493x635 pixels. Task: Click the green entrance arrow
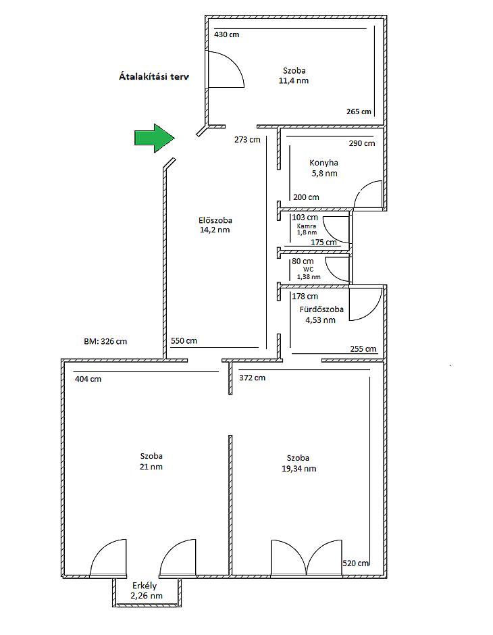(155, 138)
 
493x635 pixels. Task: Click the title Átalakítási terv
(154, 76)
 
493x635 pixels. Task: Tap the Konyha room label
(323, 163)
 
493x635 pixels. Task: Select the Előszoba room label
(215, 220)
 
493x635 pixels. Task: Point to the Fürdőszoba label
(321, 309)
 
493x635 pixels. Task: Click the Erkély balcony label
(145, 586)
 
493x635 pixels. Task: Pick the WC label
(309, 270)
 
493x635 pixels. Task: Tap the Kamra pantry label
(307, 226)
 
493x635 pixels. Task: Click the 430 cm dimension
(227, 34)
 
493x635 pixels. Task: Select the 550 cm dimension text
(184, 340)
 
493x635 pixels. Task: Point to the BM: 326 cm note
(105, 341)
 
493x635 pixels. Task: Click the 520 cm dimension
(356, 563)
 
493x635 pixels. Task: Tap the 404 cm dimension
(88, 379)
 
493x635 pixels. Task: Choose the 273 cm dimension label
(247, 140)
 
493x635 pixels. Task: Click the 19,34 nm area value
(299, 469)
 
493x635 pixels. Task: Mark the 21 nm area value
(151, 467)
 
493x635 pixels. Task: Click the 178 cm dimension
(305, 297)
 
